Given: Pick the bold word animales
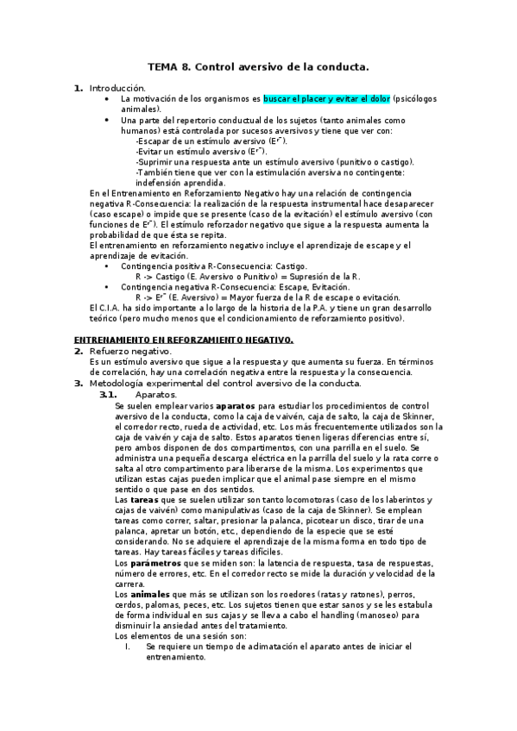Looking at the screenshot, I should [x=148, y=594].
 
